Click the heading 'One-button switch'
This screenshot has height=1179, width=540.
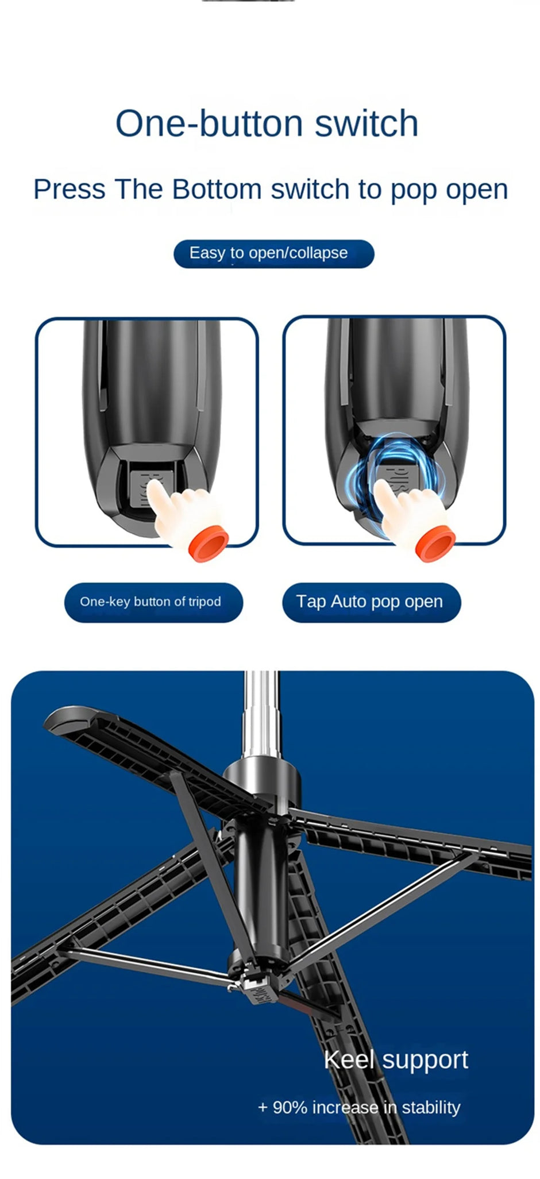coord(267,124)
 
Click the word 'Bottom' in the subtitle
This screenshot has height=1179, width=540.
coord(217,190)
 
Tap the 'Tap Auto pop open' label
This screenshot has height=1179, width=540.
coord(371,602)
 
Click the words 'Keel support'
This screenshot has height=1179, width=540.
coord(396,1059)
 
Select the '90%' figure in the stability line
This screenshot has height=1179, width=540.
coord(290,1108)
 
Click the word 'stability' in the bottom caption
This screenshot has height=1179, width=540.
coord(431,1108)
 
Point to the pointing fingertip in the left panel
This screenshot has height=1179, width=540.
coord(153,487)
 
